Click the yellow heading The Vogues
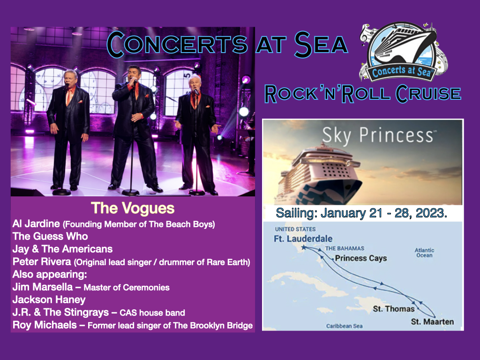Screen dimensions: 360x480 pyautogui.click(x=133, y=208)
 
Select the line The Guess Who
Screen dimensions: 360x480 pyautogui.click(x=50, y=237)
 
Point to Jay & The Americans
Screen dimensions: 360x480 pyautogui.click(x=63, y=249)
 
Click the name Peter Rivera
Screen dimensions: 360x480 pyautogui.click(x=42, y=262)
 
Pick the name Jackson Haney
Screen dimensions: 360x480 pyautogui.click(x=49, y=299)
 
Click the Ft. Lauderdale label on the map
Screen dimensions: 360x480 pyautogui.click(x=303, y=239)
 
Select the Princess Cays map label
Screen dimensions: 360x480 pyautogui.click(x=361, y=258)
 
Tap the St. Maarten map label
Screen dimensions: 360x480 pyautogui.click(x=432, y=322)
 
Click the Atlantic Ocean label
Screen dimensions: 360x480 pyautogui.click(x=424, y=253)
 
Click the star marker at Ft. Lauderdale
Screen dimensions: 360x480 pyautogui.click(x=304, y=247)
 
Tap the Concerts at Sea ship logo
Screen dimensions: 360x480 pyautogui.click(x=403, y=52)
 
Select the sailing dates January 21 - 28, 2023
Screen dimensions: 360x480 pyautogui.click(x=361, y=213)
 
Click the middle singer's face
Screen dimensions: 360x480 pyautogui.click(x=134, y=75)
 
